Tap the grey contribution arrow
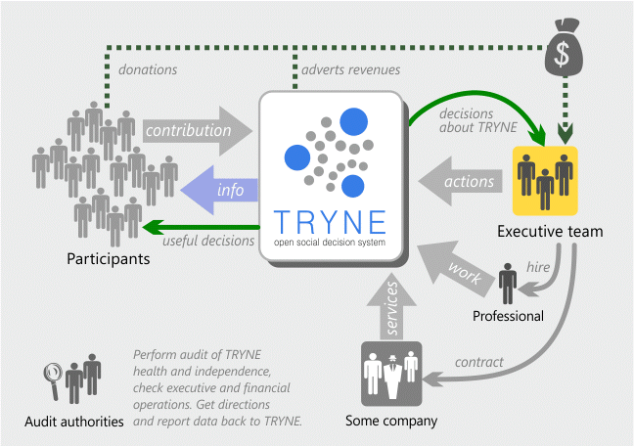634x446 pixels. pyautogui.click(x=198, y=131)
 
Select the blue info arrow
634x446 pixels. pyautogui.click(x=219, y=190)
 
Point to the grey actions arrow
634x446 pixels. pyautogui.click(x=460, y=181)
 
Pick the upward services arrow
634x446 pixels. pyautogui.click(x=391, y=307)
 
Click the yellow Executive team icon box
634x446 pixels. pyautogui.click(x=545, y=181)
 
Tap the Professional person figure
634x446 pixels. pyautogui.click(x=508, y=284)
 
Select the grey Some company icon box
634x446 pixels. pyautogui.click(x=391, y=374)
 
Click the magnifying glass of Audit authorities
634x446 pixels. pyautogui.click(x=53, y=376)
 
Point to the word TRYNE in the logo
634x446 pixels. pyautogui.click(x=330, y=222)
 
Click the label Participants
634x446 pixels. pyautogui.click(x=109, y=259)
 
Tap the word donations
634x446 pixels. pyautogui.click(x=148, y=69)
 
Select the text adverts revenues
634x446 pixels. pyautogui.click(x=351, y=69)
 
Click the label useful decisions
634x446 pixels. pyautogui.click(x=208, y=241)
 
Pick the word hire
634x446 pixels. pyautogui.click(x=538, y=267)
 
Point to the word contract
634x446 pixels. pyautogui.click(x=479, y=362)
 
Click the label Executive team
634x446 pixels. pyautogui.click(x=550, y=231)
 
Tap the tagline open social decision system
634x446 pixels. pyautogui.click(x=330, y=243)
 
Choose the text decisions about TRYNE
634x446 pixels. pyautogui.click(x=477, y=120)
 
